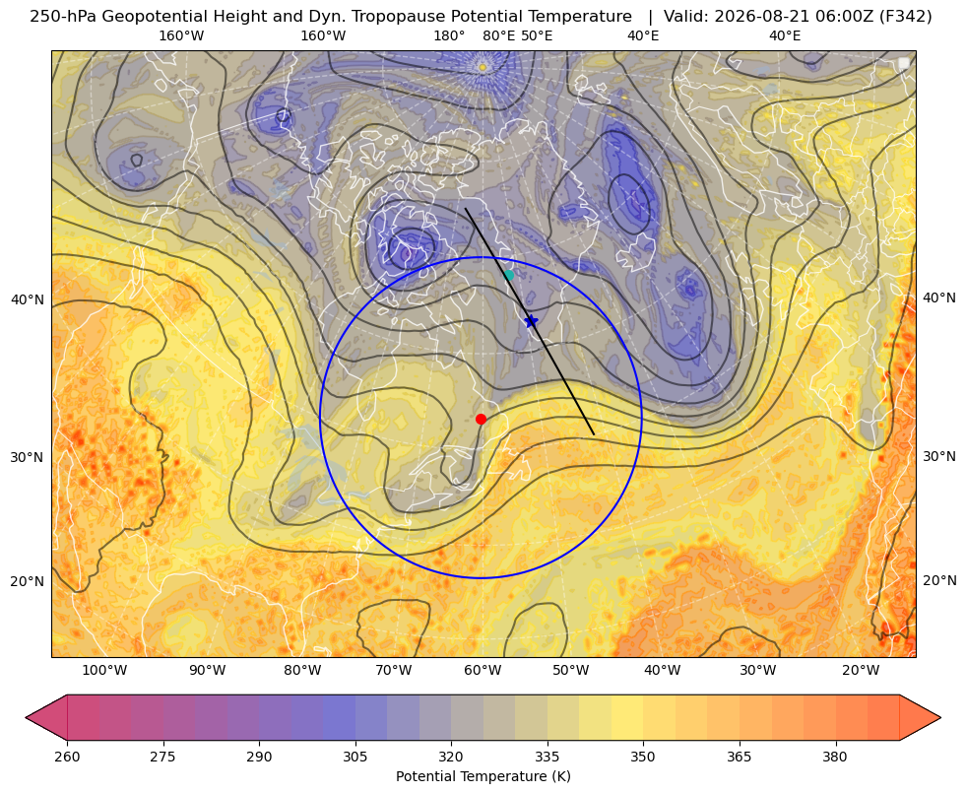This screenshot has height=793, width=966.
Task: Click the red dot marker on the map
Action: (482, 419)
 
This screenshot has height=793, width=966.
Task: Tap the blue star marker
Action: (531, 321)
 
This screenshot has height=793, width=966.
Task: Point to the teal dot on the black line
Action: (509, 275)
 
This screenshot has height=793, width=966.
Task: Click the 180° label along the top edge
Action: (449, 35)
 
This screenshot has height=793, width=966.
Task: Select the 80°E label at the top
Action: (498, 35)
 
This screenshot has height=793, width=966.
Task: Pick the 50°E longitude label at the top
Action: (537, 35)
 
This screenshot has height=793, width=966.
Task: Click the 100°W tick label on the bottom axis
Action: (104, 670)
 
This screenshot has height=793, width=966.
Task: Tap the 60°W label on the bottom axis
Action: (483, 670)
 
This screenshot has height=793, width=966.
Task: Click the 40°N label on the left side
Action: (28, 300)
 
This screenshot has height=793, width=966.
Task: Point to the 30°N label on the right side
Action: (939, 456)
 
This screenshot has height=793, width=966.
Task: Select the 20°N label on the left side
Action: (28, 581)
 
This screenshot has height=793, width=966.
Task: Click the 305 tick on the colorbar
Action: (354, 757)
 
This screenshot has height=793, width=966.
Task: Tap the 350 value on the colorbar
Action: (643, 757)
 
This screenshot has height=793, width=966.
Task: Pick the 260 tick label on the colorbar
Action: (67, 757)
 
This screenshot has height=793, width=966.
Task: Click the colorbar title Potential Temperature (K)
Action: (483, 776)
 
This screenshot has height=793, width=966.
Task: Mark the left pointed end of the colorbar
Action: (27, 717)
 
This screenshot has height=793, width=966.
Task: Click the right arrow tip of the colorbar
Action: (940, 717)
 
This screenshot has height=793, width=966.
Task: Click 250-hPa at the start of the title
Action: (63, 17)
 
